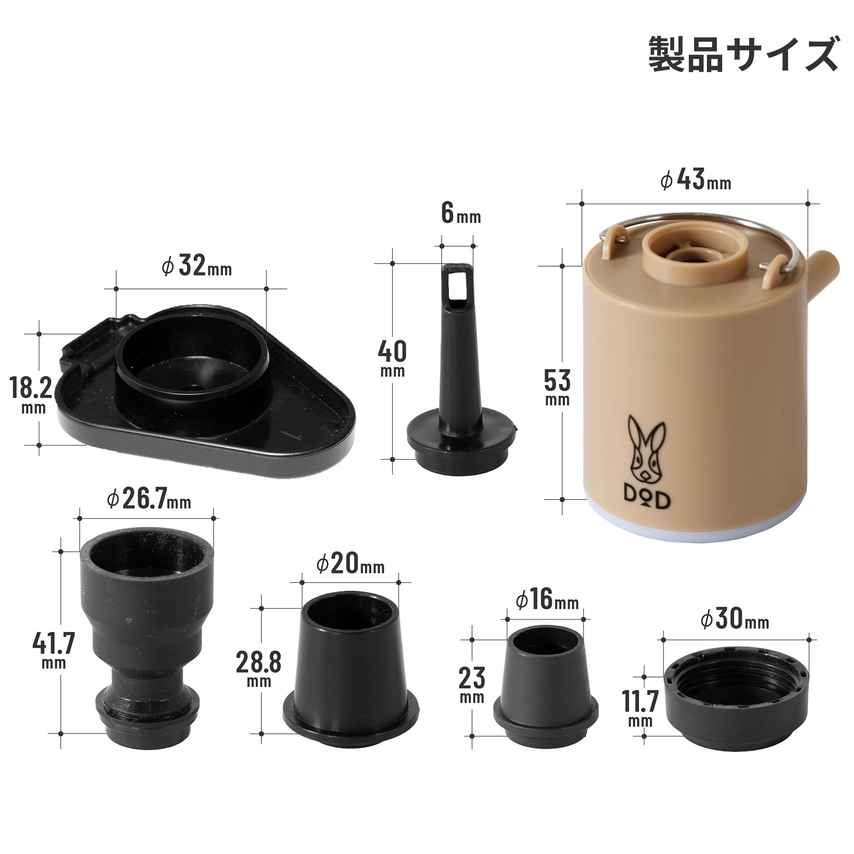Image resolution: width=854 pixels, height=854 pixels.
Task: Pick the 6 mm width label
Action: (x=461, y=213)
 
